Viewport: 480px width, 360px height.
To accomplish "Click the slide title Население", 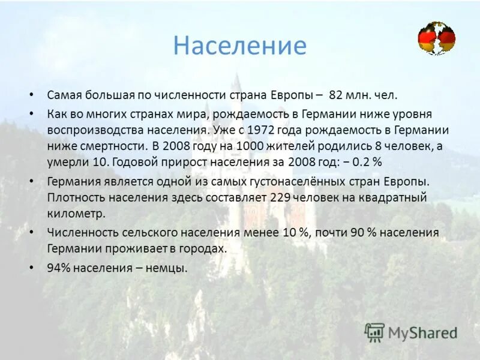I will point(239,46).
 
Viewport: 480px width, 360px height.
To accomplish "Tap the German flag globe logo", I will point(436,39).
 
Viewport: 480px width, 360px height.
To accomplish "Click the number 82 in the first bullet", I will point(336,95).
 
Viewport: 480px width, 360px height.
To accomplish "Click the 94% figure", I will point(59,268).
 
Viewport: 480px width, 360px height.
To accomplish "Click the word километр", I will point(76,213).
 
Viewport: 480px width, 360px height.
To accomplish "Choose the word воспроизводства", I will point(87,130).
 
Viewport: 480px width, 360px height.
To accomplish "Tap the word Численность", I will point(77,232).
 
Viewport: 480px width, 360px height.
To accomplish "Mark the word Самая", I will point(64,95).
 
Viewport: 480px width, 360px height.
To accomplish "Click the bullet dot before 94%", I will point(32,268).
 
